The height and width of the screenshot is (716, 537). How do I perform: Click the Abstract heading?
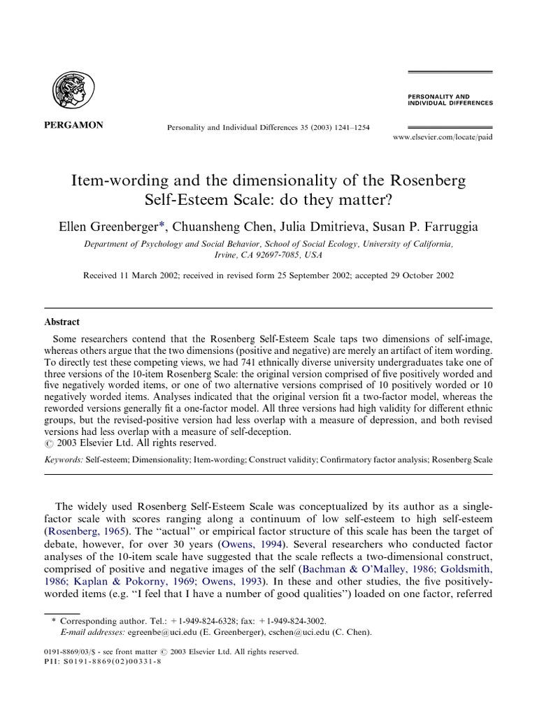pos(62,322)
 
